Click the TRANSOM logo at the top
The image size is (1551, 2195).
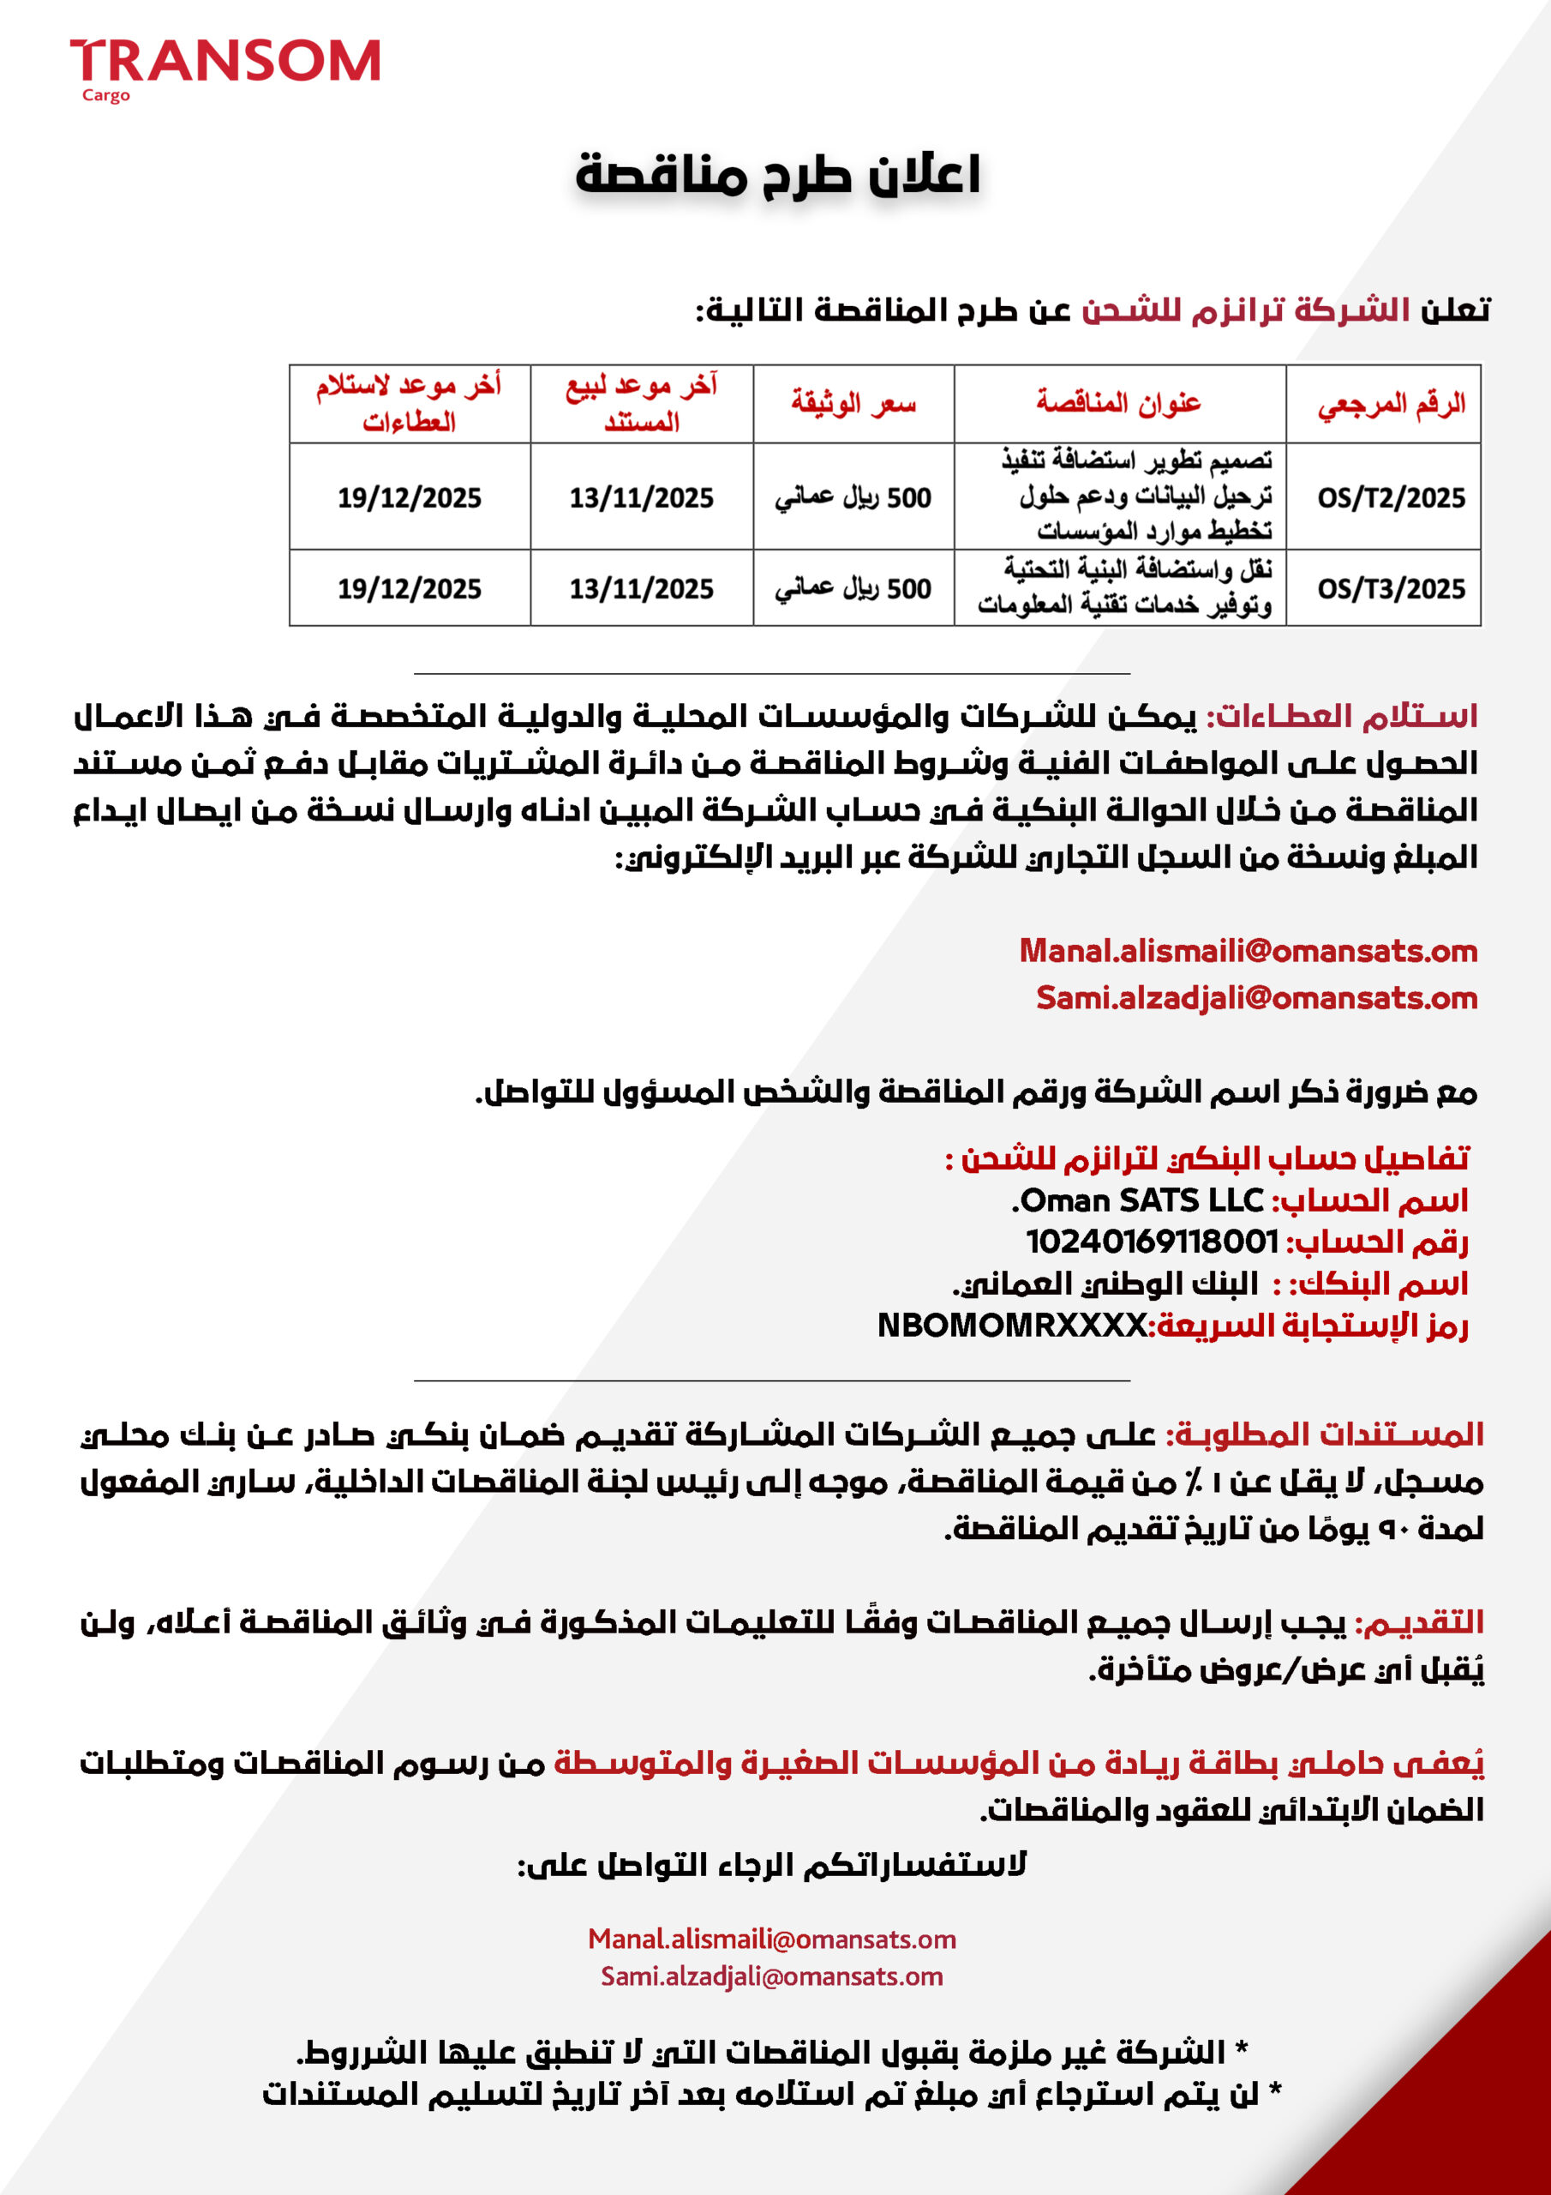(225, 60)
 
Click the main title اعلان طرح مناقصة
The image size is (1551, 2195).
(777, 175)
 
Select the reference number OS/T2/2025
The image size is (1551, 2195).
(1391, 497)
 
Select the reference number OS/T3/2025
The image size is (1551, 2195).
(1391, 588)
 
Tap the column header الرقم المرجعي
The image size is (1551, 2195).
(1391, 404)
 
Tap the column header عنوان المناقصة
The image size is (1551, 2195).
(1118, 402)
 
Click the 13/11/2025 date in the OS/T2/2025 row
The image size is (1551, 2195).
(641, 497)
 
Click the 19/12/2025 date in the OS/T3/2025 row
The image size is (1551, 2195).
(409, 588)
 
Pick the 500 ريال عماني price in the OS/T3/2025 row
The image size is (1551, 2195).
(853, 588)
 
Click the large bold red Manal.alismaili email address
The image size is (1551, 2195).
(1248, 950)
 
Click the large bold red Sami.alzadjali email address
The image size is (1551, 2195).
(1257, 997)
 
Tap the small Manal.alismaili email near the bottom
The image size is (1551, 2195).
(772, 1939)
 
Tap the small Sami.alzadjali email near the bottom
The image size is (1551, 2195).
(772, 1976)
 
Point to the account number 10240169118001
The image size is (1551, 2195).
(1152, 1242)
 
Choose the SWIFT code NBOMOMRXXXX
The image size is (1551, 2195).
(1012, 1325)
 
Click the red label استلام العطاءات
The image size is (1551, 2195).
(1344, 716)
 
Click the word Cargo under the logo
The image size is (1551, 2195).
(106, 95)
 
